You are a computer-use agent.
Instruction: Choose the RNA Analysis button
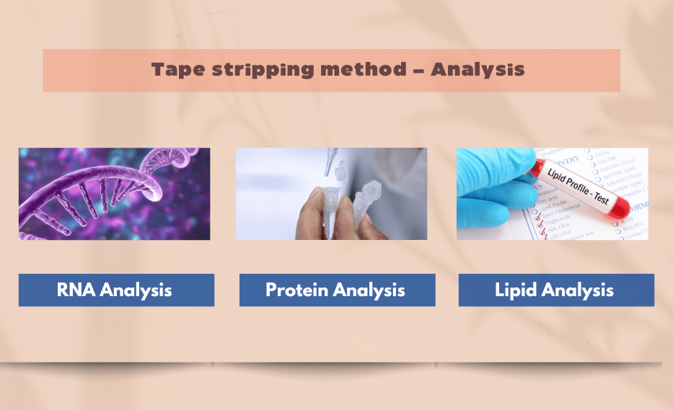point(116,290)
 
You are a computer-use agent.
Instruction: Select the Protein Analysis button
point(337,290)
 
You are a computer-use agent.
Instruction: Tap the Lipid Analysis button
point(556,290)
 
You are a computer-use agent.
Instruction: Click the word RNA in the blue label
point(77,290)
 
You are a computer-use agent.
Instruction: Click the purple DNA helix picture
point(114,194)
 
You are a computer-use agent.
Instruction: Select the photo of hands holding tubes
point(331,194)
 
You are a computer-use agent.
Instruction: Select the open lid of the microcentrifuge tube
point(372,192)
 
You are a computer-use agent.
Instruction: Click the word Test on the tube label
point(601,196)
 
